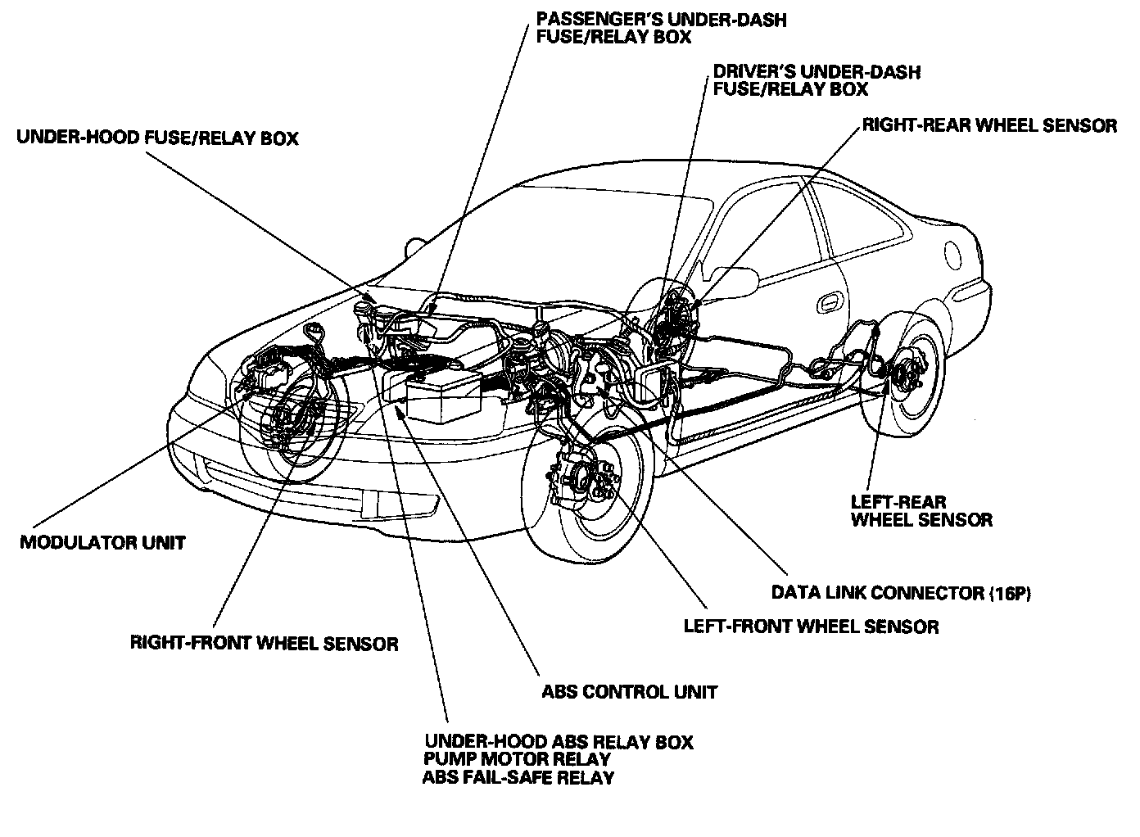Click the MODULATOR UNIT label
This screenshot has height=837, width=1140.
[x=103, y=542]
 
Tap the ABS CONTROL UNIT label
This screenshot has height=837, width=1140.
[x=629, y=692]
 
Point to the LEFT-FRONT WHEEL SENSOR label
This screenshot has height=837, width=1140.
[x=811, y=627]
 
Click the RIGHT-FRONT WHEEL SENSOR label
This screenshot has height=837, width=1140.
[x=264, y=643]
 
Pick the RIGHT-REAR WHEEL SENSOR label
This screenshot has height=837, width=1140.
[x=989, y=125]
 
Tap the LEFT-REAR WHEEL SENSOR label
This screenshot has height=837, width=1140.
[x=921, y=510]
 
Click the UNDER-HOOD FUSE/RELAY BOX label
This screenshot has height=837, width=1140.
[x=157, y=138]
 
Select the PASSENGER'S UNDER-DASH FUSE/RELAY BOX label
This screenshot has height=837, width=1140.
[x=660, y=28]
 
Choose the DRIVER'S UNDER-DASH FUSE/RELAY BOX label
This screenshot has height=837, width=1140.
[x=817, y=80]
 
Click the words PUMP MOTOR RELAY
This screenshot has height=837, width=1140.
[x=517, y=759]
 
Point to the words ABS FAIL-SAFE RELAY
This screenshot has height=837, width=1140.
[x=518, y=777]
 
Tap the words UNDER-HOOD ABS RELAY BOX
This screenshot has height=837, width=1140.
[x=558, y=742]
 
